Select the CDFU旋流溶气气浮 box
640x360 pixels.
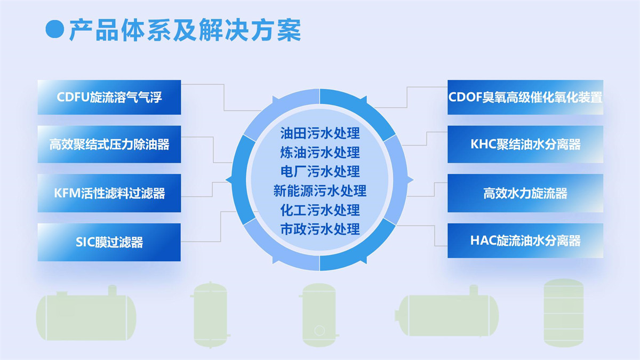click(x=109, y=97)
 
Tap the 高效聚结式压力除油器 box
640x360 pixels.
click(x=109, y=144)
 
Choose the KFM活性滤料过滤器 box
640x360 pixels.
click(x=109, y=193)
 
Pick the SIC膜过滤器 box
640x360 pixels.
click(x=109, y=242)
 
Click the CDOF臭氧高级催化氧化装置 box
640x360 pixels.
click(x=525, y=97)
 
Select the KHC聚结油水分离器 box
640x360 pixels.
click(x=525, y=144)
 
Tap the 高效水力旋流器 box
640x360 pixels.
click(x=525, y=193)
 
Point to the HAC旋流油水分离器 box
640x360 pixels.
click(x=525, y=241)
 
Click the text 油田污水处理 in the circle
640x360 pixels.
click(x=320, y=133)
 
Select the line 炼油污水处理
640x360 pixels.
click(x=320, y=152)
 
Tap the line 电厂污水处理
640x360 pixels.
click(x=320, y=171)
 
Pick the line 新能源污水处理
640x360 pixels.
click(x=320, y=190)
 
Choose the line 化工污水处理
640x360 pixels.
click(x=320, y=210)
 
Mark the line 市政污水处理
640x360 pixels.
click(x=320, y=229)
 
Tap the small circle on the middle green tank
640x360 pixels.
click(x=319, y=331)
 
